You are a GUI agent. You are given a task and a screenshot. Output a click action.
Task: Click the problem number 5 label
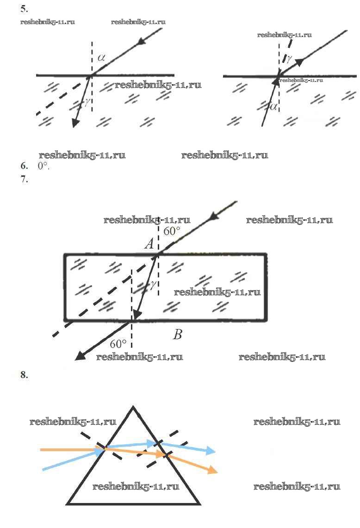[x=24, y=9]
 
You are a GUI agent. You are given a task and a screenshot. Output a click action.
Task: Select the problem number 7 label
[x=24, y=179]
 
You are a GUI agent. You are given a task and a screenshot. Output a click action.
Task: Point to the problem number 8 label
[x=24, y=374]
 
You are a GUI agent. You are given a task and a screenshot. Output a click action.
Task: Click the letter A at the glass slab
[x=149, y=243]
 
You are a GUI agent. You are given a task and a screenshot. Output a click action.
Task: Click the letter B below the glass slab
[x=178, y=335]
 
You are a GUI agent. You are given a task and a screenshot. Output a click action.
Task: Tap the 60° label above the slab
[x=172, y=231]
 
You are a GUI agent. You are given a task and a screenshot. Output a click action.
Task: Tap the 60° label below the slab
[x=118, y=344]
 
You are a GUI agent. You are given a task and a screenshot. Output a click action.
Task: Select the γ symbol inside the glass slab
[x=153, y=285]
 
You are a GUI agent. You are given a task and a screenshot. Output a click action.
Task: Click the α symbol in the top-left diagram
[x=101, y=57]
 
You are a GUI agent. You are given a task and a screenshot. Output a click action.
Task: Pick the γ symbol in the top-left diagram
[x=87, y=101]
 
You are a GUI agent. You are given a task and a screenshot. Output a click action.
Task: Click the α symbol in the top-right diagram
[x=273, y=107]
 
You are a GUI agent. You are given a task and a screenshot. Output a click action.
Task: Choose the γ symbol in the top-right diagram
[x=289, y=59]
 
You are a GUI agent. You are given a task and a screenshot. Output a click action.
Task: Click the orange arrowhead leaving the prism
[x=213, y=469]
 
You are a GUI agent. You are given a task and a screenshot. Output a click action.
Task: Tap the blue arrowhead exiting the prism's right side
[x=211, y=451]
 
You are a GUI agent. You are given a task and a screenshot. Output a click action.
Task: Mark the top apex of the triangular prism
[x=133, y=406]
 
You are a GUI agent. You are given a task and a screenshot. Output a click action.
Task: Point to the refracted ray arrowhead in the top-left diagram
[x=76, y=123]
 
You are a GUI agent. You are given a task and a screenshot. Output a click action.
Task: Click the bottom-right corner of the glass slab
[x=267, y=320]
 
